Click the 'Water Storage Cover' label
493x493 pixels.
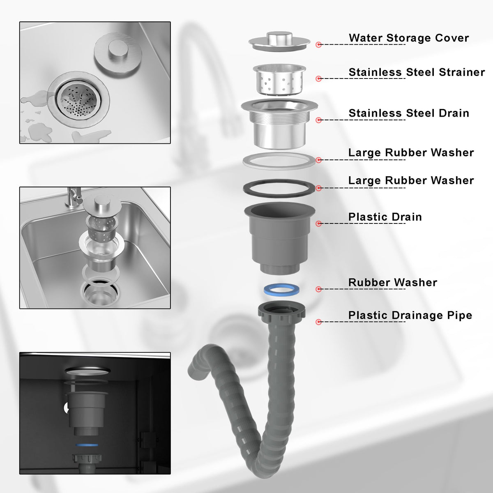pyautogui.click(x=408, y=38)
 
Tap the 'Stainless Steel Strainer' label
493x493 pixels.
pyautogui.click(x=417, y=72)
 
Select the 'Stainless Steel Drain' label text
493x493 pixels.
pyautogui.click(x=409, y=113)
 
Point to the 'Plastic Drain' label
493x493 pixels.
pyautogui.click(x=385, y=217)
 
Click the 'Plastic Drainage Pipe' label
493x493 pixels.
pyautogui.click(x=410, y=315)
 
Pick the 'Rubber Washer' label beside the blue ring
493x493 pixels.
pyautogui.click(x=393, y=282)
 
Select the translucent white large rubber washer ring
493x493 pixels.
pyautogui.click(x=279, y=166)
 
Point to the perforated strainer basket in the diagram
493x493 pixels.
pyautogui.click(x=279, y=79)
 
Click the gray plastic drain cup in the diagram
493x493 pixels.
pyautogui.click(x=280, y=238)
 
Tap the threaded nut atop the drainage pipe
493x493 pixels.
pyautogui.click(x=281, y=313)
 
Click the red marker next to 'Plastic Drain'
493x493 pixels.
pyautogui.click(x=318, y=223)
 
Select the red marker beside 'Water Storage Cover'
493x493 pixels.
pyautogui.click(x=318, y=44)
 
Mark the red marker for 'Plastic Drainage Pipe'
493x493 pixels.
pyautogui.click(x=318, y=322)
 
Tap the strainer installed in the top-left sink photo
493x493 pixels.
pyautogui.click(x=78, y=99)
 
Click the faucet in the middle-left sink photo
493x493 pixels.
pyautogui.click(x=74, y=197)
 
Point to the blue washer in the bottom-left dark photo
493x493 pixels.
pyautogui.click(x=87, y=445)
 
